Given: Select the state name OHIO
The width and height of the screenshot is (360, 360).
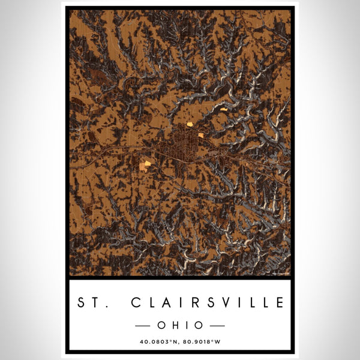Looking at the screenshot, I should [x=180, y=325].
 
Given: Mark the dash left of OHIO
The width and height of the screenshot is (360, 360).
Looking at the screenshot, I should [x=145, y=325].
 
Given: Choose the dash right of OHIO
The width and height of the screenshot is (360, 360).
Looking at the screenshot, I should [x=216, y=325].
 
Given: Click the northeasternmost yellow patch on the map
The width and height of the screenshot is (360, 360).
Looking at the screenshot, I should [x=223, y=109].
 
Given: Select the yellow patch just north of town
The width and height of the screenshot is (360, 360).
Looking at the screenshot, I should [x=190, y=124].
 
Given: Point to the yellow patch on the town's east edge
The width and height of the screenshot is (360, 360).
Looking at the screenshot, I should [x=200, y=135].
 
